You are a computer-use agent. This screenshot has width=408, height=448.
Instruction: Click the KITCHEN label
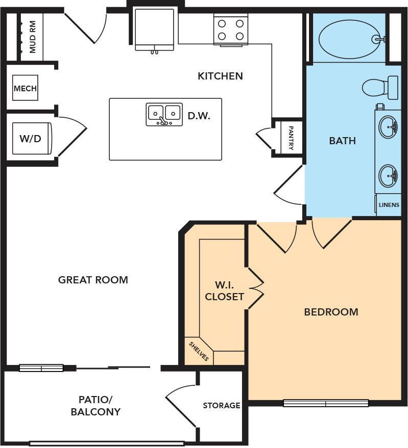coord(220,76)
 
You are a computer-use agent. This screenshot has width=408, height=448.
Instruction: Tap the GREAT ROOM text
coord(93,280)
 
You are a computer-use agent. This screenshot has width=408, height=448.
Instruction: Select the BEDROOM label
coord(331,312)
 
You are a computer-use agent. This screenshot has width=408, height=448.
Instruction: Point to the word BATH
coord(342,141)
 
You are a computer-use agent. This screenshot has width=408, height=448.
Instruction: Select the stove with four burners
coord(230,30)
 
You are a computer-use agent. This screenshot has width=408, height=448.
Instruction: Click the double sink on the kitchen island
coord(164,114)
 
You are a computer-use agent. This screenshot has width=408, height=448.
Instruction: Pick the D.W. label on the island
coord(199,116)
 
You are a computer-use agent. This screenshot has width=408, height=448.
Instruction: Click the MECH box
coord(25,88)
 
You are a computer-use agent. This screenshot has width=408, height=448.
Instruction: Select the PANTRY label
coord(291,138)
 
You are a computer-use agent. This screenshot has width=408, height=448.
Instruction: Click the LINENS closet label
coord(389,205)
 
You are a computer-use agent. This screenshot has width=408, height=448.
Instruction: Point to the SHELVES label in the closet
coord(199,351)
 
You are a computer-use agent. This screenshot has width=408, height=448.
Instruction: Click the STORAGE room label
coord(222,406)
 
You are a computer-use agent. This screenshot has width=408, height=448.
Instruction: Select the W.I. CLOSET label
coord(224,291)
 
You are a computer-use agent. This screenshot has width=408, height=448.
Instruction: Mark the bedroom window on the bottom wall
coord(325,403)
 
